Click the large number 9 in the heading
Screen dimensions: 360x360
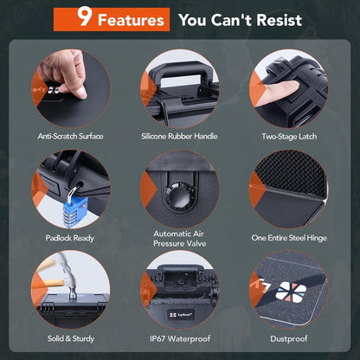(x=85, y=16)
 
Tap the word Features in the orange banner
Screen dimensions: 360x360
(x=131, y=20)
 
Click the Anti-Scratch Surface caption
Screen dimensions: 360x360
(x=70, y=136)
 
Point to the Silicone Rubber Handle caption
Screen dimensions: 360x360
(x=179, y=136)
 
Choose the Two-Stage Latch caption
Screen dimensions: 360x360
(x=289, y=137)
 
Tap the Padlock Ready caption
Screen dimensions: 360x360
(x=70, y=238)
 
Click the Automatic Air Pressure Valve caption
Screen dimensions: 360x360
(x=180, y=239)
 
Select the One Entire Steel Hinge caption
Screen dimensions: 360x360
(x=289, y=238)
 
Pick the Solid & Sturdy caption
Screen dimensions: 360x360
(x=71, y=338)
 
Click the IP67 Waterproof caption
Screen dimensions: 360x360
(x=180, y=338)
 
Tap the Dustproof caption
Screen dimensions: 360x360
(x=289, y=338)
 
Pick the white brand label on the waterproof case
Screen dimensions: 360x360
(x=181, y=314)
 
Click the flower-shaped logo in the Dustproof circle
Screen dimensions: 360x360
(x=286, y=292)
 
